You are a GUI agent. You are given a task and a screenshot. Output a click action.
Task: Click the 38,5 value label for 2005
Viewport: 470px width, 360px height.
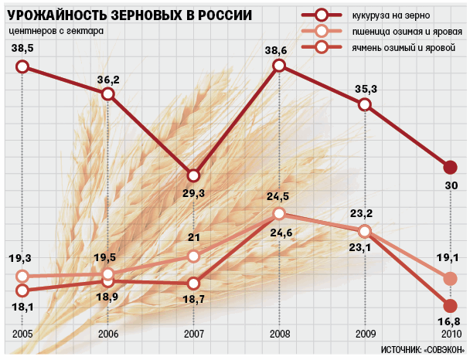(22, 49)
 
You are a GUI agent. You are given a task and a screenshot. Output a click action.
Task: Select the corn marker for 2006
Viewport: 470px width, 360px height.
(108, 93)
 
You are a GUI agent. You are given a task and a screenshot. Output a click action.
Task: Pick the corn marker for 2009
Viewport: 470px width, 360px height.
(365, 105)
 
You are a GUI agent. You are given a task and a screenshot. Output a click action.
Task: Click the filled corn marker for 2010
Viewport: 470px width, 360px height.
(451, 167)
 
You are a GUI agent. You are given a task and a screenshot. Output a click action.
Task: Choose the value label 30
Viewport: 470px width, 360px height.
(451, 185)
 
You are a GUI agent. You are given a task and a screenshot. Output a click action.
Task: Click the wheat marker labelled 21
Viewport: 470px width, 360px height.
(194, 256)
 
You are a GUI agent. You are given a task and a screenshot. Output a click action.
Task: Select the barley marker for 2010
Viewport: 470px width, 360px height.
(451, 305)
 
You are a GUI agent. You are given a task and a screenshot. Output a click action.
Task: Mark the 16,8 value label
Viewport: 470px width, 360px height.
(450, 321)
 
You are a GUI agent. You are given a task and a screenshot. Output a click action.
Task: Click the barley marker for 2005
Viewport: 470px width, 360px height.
(22, 290)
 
